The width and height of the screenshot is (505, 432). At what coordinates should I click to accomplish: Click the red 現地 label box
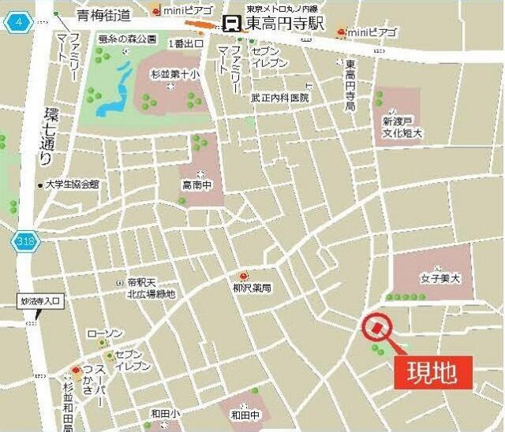coord(432,372)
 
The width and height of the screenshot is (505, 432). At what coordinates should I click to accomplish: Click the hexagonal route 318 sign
coord(23,242)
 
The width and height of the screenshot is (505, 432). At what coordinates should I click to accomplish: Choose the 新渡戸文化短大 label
coord(402,128)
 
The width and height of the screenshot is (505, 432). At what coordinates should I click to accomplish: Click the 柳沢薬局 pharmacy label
coord(252,289)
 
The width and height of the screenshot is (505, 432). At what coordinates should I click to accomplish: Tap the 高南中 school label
coord(200,185)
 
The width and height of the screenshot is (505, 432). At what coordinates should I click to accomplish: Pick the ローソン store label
coord(103,333)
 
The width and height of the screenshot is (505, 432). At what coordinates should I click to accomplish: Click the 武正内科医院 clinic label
coord(279,98)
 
